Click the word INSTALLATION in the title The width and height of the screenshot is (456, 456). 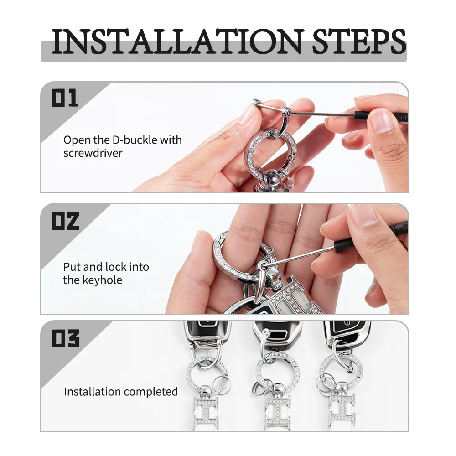click(x=177, y=41)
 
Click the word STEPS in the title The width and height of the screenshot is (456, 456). click(x=359, y=41)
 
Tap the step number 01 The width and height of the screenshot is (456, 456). click(x=65, y=98)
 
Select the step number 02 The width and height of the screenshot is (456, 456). click(x=65, y=221)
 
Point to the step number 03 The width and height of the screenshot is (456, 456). click(x=65, y=338)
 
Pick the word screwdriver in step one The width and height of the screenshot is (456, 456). click(x=93, y=153)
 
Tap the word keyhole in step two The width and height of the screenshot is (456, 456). click(x=102, y=280)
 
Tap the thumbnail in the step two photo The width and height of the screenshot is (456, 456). click(x=363, y=215)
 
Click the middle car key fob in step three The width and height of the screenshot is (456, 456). click(x=277, y=334)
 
